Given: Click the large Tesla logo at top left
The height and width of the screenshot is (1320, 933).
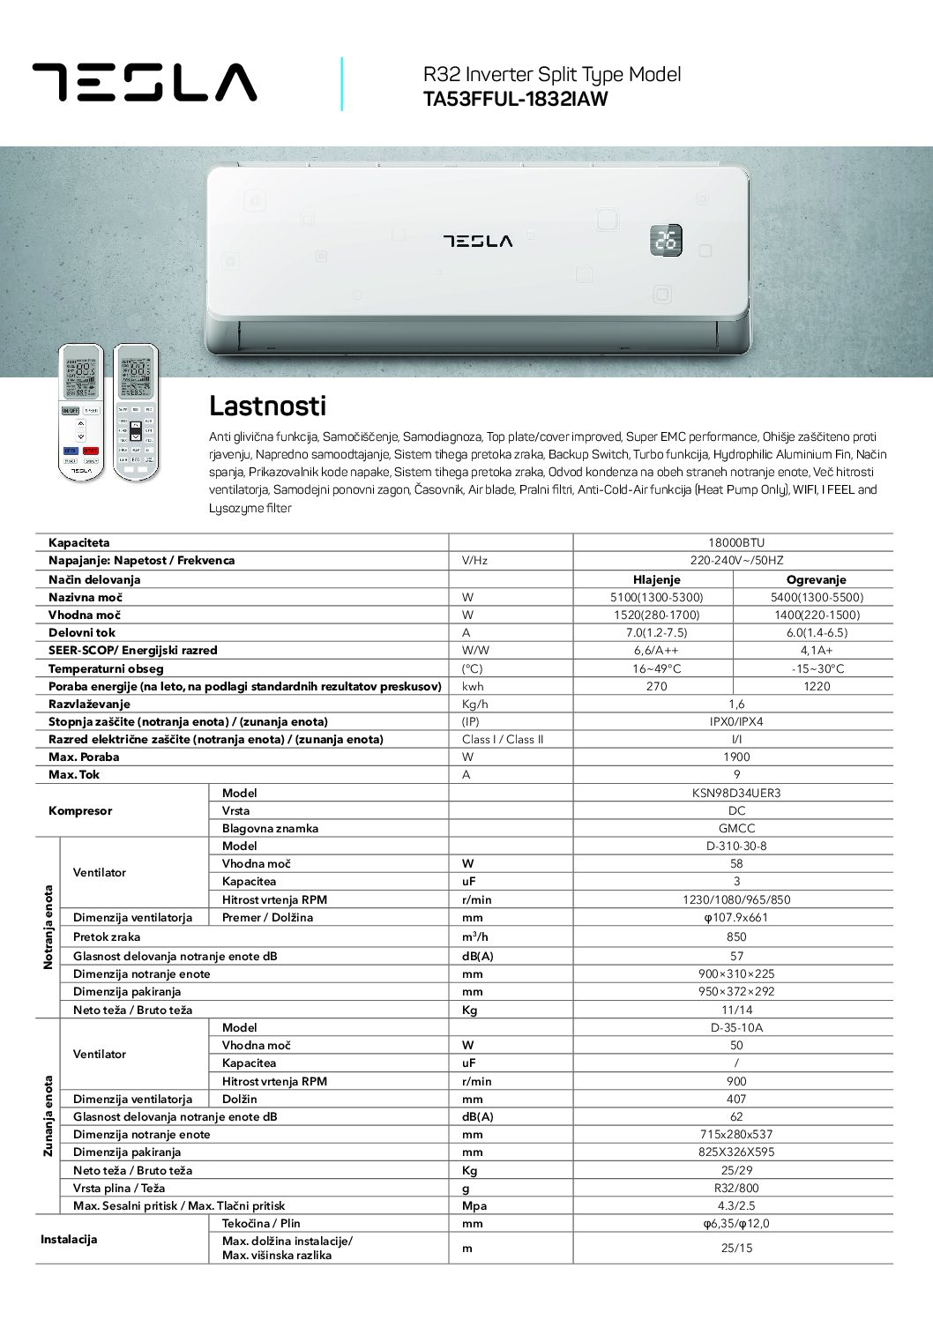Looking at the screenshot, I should point(145,82).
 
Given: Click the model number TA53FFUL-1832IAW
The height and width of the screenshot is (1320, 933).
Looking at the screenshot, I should point(515,100).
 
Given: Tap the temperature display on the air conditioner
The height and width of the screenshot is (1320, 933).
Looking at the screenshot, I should point(666,240).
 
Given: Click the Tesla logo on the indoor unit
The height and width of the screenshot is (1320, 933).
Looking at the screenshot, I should point(477,240).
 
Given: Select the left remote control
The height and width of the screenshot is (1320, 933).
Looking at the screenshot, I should point(80,412).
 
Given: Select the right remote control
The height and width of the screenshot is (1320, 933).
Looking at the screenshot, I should point(136,412).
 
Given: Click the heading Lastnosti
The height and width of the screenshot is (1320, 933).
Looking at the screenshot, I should point(267,406).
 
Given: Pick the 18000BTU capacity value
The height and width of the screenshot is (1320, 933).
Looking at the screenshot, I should point(736,543).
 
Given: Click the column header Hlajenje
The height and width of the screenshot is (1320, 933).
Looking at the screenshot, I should point(656,579).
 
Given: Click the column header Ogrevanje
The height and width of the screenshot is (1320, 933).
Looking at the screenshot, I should point(816,579).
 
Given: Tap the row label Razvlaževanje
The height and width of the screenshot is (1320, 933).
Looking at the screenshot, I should point(89,704).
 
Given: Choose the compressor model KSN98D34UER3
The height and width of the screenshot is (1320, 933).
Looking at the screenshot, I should point(736,793).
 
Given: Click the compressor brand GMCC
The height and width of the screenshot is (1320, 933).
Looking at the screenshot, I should point(736,828).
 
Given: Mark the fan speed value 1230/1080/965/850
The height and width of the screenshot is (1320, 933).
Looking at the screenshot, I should point(736,899).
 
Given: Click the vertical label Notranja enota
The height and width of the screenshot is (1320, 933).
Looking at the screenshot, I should point(49,927).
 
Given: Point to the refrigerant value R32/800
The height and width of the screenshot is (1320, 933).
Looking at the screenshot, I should point(736,1188).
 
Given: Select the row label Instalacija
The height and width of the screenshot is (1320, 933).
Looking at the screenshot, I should point(69,1239).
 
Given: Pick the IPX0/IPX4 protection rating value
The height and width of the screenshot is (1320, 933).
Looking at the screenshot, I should point(736,721).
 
